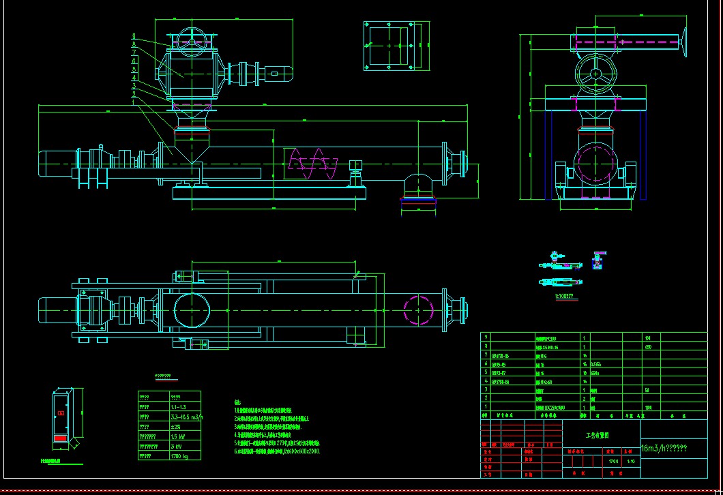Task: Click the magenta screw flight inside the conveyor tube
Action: [x=313, y=164]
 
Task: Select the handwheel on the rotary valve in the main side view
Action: [x=192, y=40]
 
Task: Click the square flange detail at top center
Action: [x=389, y=46]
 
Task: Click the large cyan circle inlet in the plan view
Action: [x=192, y=310]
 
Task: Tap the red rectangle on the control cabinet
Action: [x=61, y=437]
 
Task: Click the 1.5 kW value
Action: [x=177, y=436]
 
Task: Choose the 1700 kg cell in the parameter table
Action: [x=178, y=456]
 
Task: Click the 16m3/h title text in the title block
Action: [x=664, y=449]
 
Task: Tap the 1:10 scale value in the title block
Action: [x=631, y=461]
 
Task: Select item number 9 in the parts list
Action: [x=485, y=337]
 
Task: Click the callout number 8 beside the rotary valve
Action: [x=134, y=44]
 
